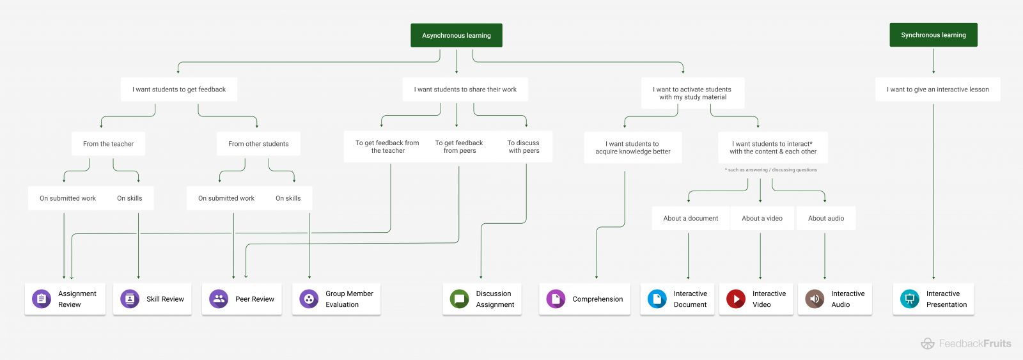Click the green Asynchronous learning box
456,36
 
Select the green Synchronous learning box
933,35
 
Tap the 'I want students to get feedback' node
179,90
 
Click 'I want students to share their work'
465,90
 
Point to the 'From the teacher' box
108,144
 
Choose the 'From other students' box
258,144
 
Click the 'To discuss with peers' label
524,147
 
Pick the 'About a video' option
761,218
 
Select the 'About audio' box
825,218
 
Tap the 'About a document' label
691,218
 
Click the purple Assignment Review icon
42,299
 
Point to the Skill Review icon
130,299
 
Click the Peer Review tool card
242,299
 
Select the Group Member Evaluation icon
309,299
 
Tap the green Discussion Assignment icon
459,299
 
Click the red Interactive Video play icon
736,299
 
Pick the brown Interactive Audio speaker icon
815,299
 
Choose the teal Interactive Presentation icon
909,299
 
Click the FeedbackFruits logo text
974,343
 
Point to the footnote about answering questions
770,170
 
